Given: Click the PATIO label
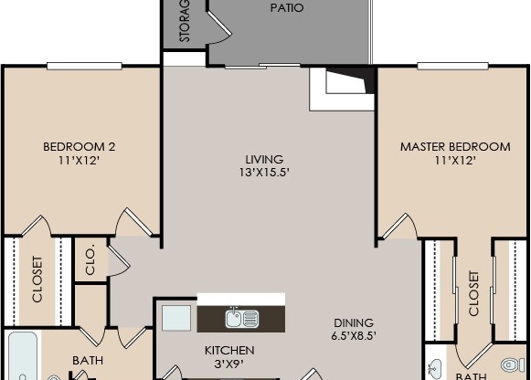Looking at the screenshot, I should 287,8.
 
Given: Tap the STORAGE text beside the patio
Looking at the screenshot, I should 184,20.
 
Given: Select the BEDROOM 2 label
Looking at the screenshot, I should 80,146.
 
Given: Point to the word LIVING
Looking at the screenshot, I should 264,159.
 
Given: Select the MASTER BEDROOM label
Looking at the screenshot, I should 455,146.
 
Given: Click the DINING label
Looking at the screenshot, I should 354,322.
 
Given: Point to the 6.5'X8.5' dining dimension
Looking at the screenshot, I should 354,335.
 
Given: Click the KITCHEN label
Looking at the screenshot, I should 228,351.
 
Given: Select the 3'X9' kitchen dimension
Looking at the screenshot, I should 228,364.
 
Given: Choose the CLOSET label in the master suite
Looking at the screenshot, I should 473,293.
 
